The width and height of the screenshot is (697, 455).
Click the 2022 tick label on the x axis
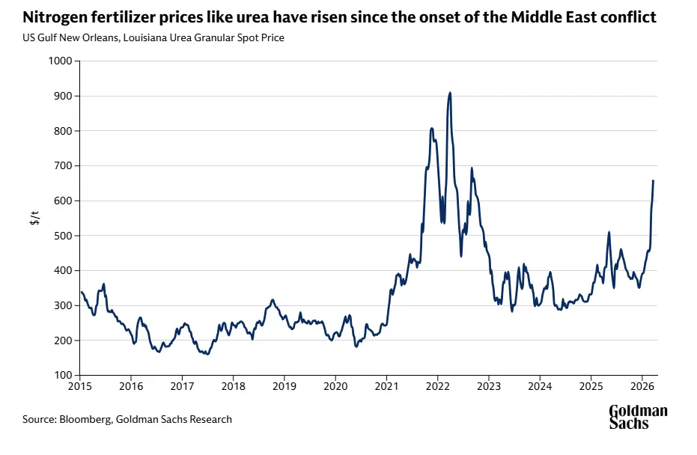(437, 388)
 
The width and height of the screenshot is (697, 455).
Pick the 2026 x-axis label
(642, 388)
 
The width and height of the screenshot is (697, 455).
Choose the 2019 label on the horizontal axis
(284, 388)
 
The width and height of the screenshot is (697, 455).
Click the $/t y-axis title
(34, 218)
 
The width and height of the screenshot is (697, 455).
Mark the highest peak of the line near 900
(450, 93)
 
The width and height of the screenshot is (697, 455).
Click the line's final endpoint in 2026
(654, 180)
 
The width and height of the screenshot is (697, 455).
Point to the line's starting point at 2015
(81, 292)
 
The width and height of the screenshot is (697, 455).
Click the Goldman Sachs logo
(637, 417)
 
